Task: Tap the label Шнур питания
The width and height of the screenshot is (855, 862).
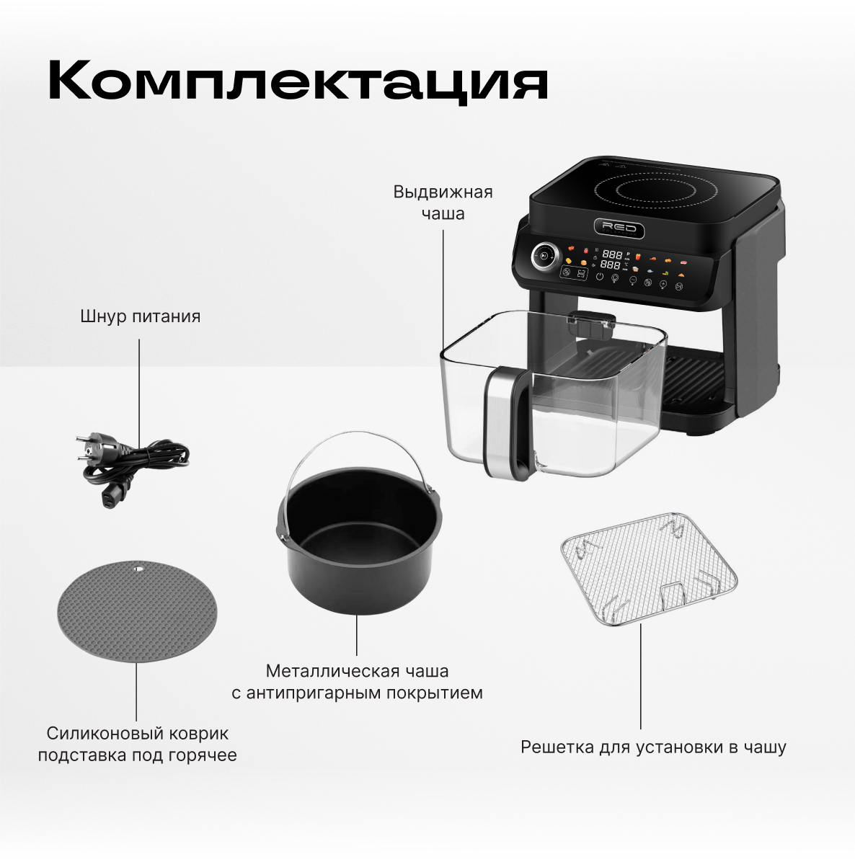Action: pyautogui.click(x=140, y=316)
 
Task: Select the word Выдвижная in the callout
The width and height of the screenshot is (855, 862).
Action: pyautogui.click(x=443, y=192)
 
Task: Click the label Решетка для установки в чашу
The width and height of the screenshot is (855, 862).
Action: pyautogui.click(x=653, y=747)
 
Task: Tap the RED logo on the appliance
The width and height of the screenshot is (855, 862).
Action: pyautogui.click(x=619, y=228)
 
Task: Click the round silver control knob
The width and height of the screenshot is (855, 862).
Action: pyautogui.click(x=544, y=256)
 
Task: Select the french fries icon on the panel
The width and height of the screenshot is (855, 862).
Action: pyautogui.click(x=638, y=257)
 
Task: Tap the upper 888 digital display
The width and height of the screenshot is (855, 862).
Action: pyautogui.click(x=612, y=254)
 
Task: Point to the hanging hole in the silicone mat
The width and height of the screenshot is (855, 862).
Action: pyautogui.click(x=137, y=568)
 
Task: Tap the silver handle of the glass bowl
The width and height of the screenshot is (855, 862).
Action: pyautogui.click(x=500, y=418)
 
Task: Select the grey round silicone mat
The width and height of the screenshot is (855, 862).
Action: pyautogui.click(x=138, y=611)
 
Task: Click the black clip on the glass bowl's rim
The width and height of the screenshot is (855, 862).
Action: pyautogui.click(x=590, y=324)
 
